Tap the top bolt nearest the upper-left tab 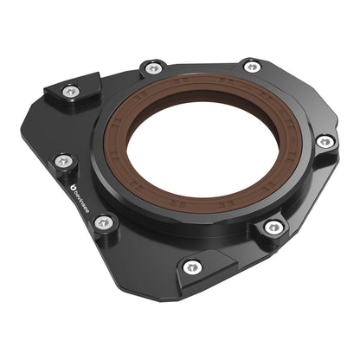pyautogui.click(x=153, y=67)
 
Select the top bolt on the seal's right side pyautogui.click(x=252, y=67)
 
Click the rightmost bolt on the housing pyautogui.click(x=325, y=141)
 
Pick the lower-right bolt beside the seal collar pyautogui.click(x=273, y=228)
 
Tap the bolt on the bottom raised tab pyautogui.click(x=192, y=267)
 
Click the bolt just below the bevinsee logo pyautogui.click(x=103, y=222)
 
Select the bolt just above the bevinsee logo pyautogui.click(x=63, y=161)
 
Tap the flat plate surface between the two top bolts pyautogui.click(x=201, y=69)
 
